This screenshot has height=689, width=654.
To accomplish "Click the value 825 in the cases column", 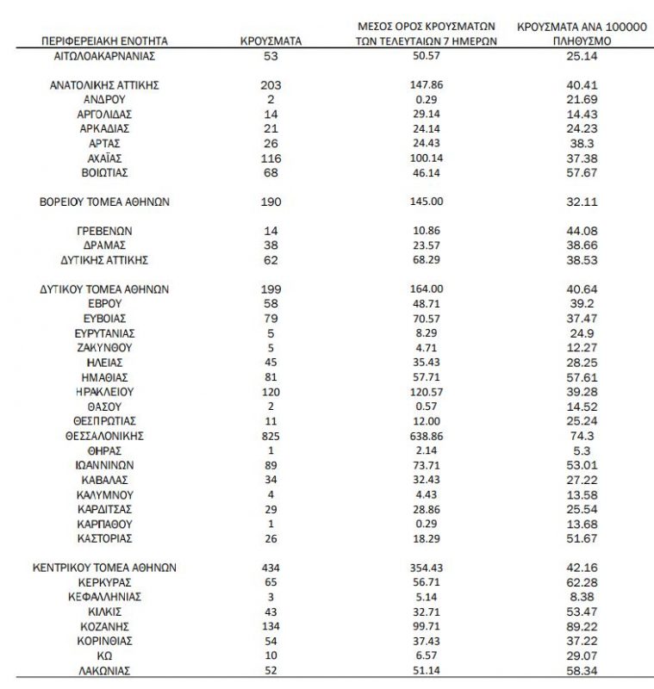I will click(x=271, y=437).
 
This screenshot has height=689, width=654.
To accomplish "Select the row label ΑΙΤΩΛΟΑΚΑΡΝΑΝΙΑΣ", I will click(x=104, y=56).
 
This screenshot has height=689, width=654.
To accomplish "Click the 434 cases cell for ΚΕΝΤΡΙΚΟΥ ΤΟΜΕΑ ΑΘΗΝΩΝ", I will click(x=271, y=568).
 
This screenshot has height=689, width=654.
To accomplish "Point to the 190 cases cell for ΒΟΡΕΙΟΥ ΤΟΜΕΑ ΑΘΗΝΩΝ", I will click(x=271, y=202).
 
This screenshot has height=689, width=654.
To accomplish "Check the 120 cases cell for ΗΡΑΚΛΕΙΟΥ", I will click(x=271, y=392).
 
